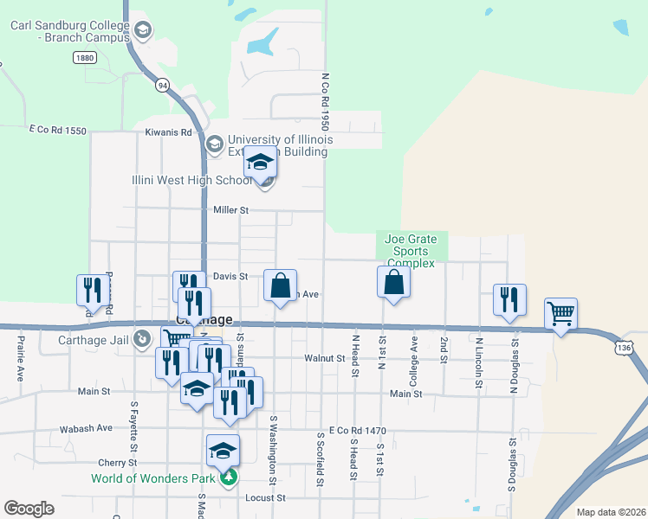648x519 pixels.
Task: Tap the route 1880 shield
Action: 84,57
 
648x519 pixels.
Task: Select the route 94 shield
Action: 162,85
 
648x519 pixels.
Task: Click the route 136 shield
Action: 624,347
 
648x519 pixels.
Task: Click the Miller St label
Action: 231,210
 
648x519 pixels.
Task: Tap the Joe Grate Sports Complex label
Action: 411,251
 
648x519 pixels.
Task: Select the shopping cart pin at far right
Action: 561,316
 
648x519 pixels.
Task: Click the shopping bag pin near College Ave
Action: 393,284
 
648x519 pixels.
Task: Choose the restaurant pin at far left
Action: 91,292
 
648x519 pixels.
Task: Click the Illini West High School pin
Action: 260,164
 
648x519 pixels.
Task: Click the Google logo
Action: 29,508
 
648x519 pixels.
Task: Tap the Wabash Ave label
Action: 86,428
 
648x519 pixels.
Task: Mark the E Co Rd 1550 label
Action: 57,130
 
